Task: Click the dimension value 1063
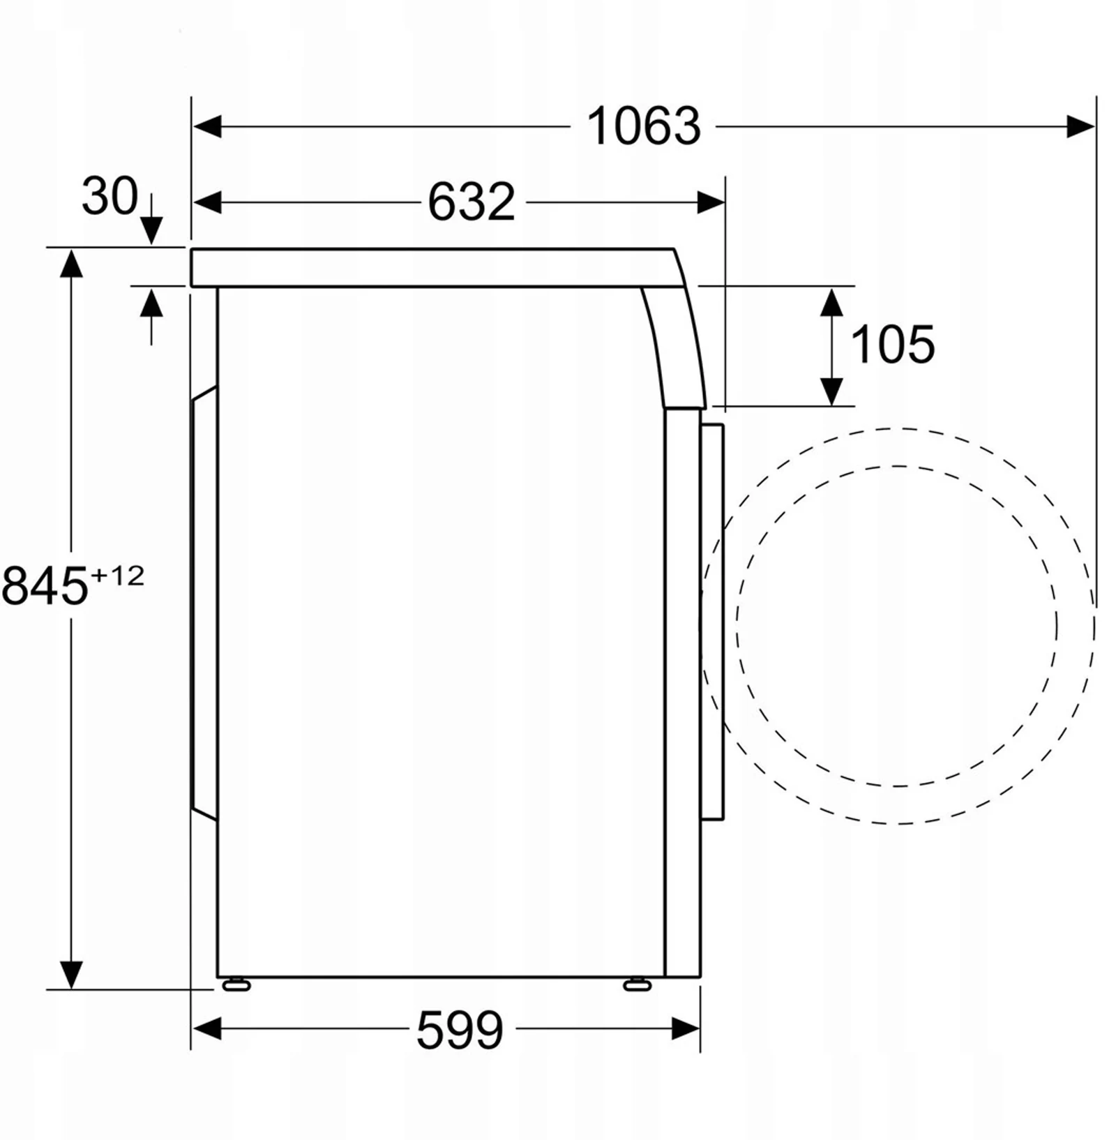(x=643, y=126)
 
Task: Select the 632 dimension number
(x=472, y=202)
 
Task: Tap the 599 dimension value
(x=460, y=1030)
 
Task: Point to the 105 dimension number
(x=893, y=345)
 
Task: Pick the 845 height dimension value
(x=45, y=586)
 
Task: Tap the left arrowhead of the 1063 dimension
(x=207, y=127)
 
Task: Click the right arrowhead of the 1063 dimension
(x=1080, y=127)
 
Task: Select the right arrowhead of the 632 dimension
(x=711, y=203)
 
